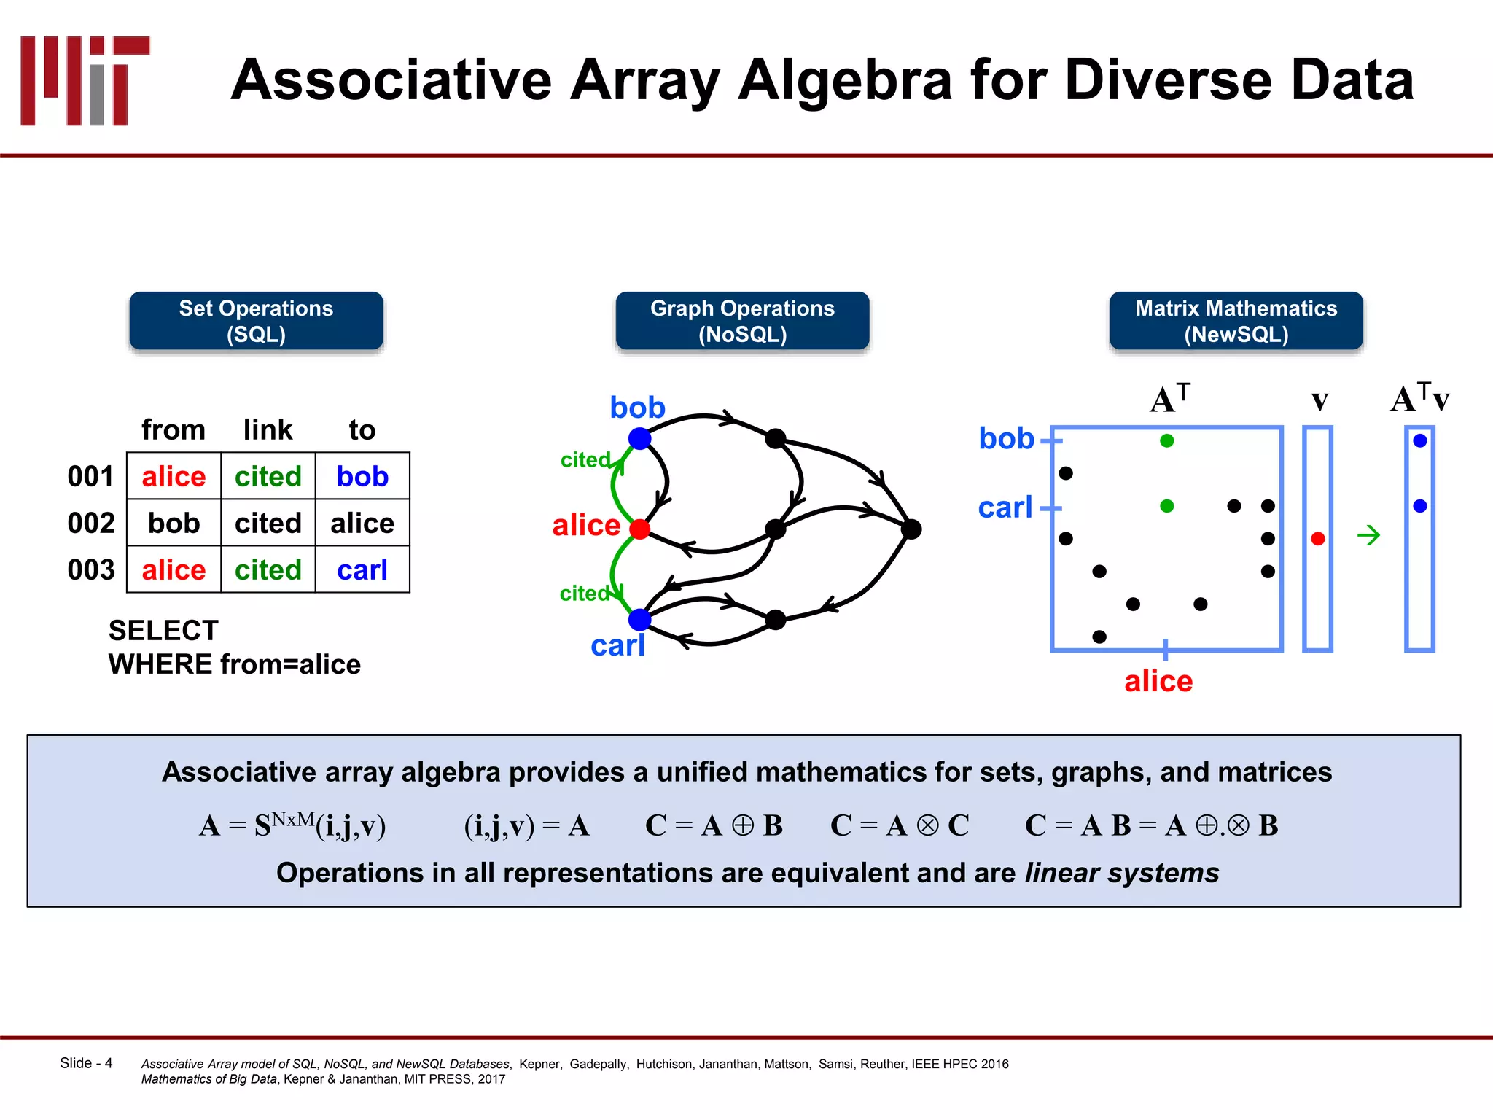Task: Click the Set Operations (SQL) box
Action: tap(256, 321)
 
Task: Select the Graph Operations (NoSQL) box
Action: tap(742, 321)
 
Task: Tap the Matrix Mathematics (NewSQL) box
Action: tap(1236, 321)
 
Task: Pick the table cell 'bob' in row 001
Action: tap(362, 476)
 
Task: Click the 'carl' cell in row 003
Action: tap(362, 569)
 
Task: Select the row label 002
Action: tap(91, 523)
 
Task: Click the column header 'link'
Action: tap(268, 429)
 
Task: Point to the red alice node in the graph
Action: tap(639, 529)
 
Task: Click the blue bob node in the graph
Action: tap(639, 438)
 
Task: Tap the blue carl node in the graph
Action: tap(639, 619)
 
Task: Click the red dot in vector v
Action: tap(1317, 539)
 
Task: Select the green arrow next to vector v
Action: tap(1368, 536)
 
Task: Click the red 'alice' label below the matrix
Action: tap(1158, 681)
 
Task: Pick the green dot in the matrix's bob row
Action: tap(1166, 440)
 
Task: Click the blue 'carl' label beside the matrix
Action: tap(1005, 507)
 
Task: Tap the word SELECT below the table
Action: tap(163, 630)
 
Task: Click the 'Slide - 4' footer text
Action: tap(86, 1063)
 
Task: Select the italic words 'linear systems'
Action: tap(1121, 873)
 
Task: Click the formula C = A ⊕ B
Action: tap(714, 825)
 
